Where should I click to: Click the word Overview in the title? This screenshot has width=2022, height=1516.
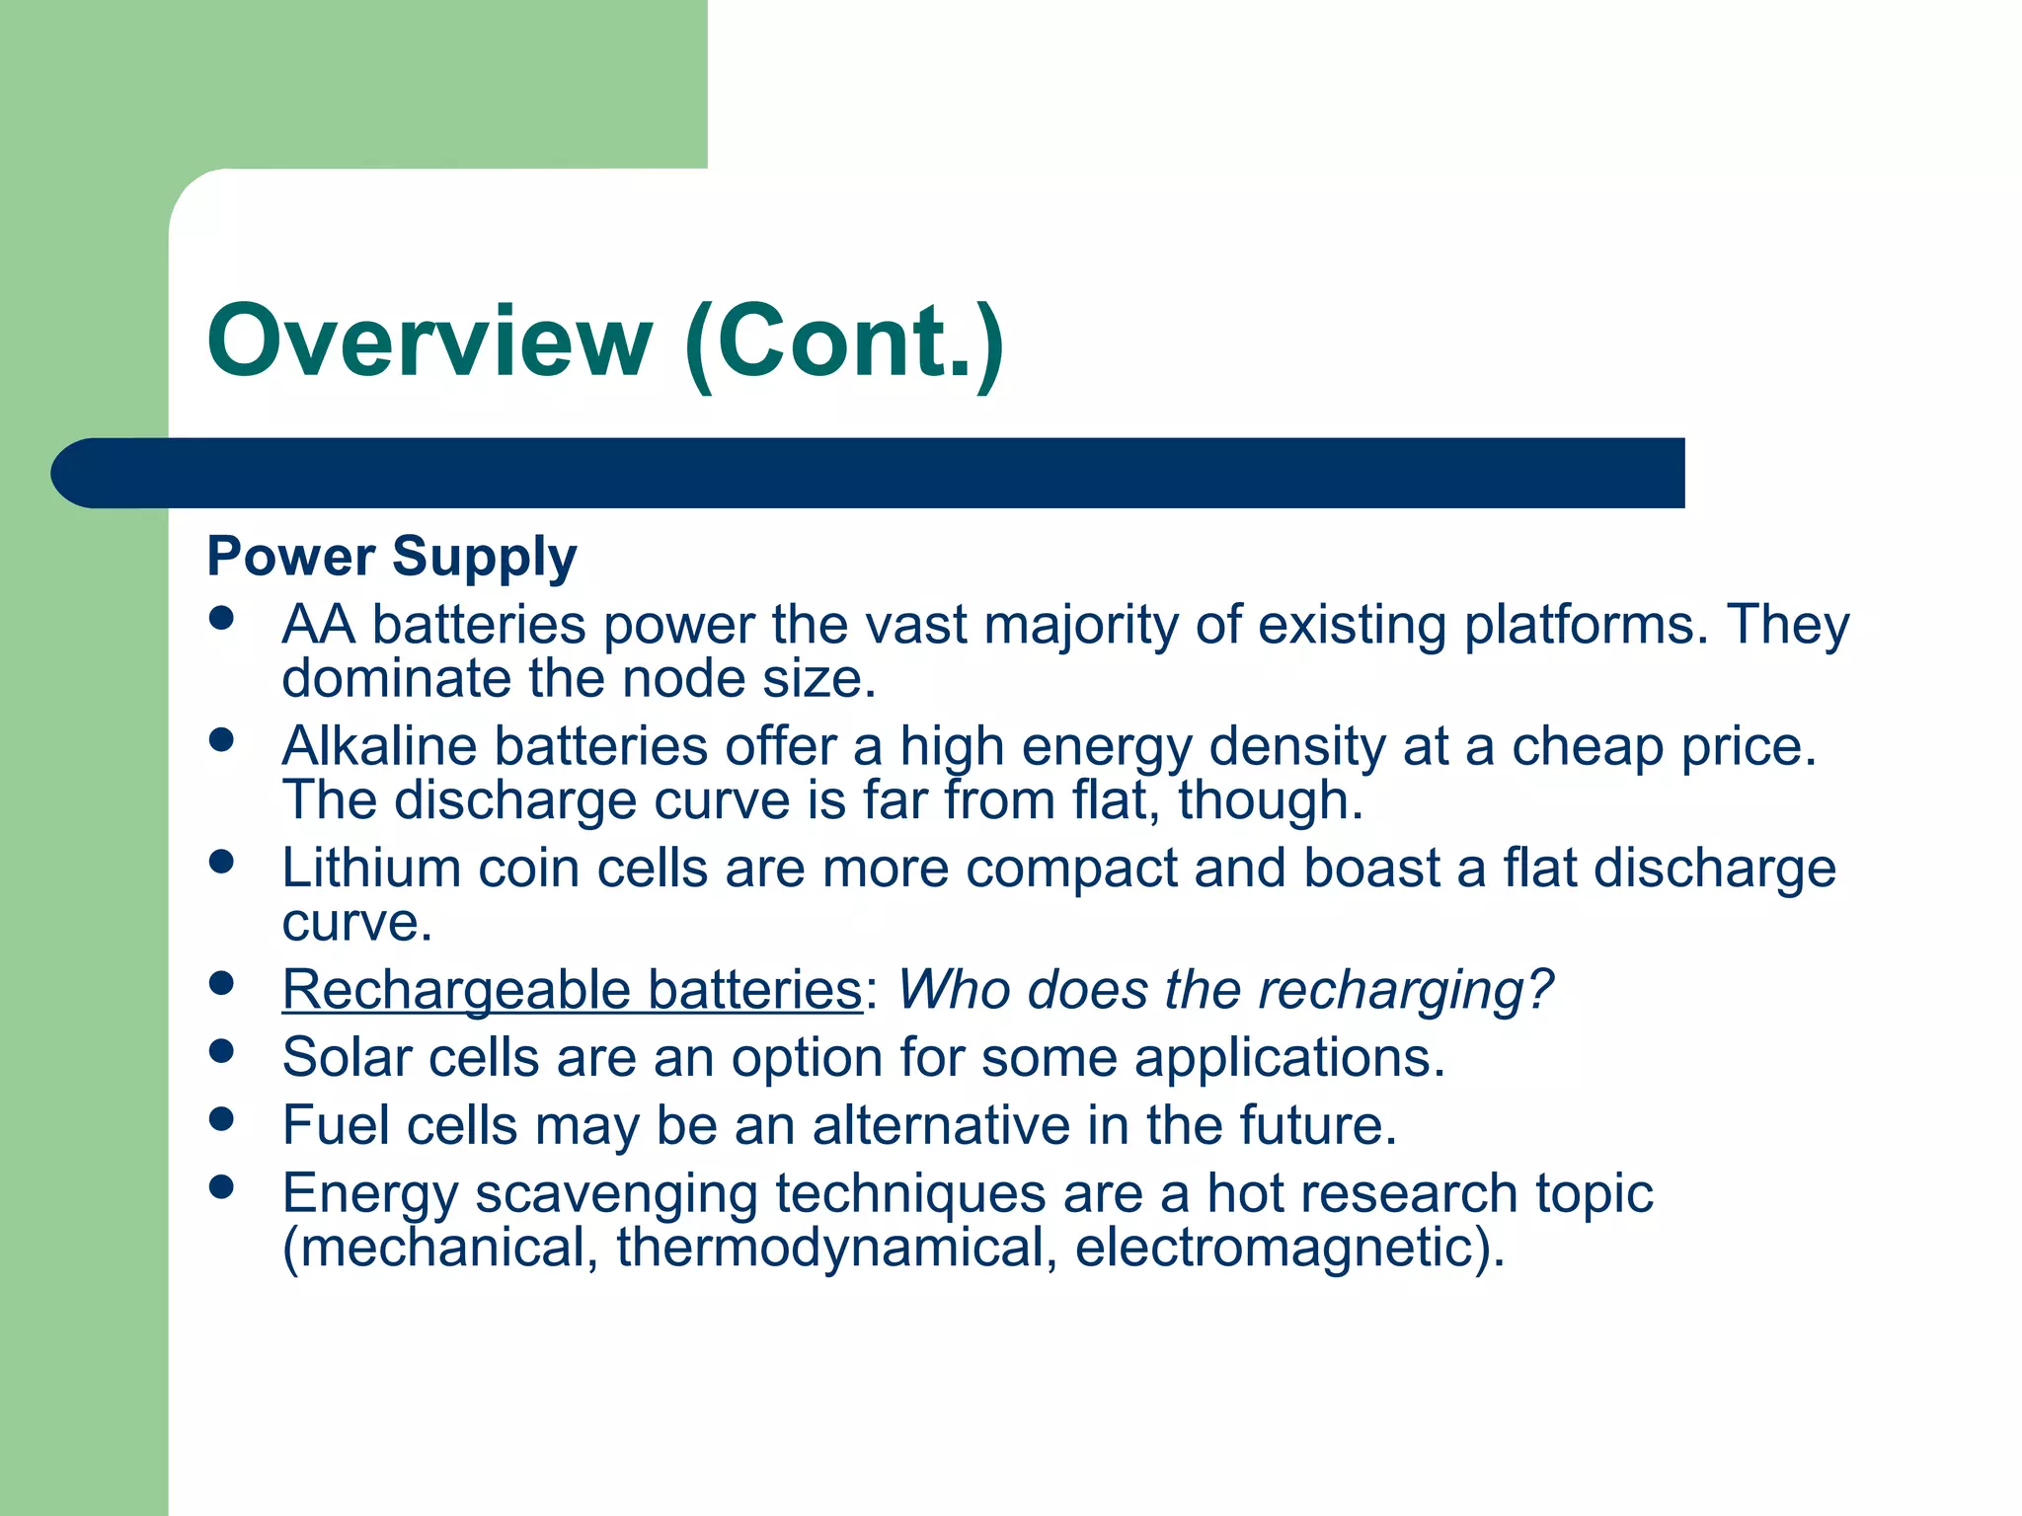tap(429, 341)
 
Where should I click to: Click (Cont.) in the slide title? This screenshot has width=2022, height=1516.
tap(844, 341)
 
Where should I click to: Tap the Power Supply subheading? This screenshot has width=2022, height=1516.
tap(392, 557)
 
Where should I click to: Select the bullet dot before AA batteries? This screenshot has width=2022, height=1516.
tap(222, 618)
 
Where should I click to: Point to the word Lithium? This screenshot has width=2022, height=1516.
tap(371, 869)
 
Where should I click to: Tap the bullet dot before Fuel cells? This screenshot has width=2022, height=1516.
tap(222, 1118)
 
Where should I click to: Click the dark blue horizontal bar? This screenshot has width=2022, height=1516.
tap(889, 473)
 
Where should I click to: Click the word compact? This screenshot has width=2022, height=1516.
tap(1070, 869)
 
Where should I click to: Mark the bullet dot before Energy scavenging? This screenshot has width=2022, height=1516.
tap(222, 1186)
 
